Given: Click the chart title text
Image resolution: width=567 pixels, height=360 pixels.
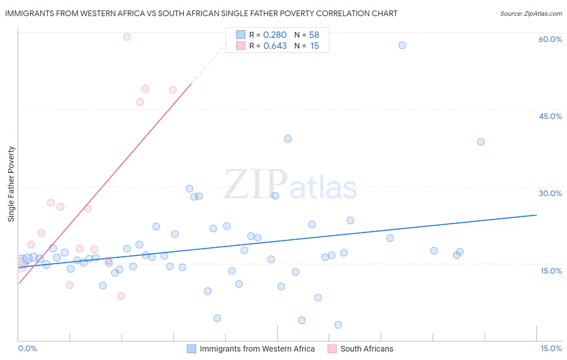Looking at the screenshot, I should (x=201, y=13).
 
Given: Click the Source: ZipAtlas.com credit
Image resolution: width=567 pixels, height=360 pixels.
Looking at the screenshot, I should (x=531, y=13).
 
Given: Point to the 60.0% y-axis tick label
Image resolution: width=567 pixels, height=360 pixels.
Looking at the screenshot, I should (x=550, y=39).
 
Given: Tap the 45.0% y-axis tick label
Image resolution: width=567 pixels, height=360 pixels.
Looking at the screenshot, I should (x=550, y=116).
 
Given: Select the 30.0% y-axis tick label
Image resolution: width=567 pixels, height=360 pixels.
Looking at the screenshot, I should (x=550, y=193).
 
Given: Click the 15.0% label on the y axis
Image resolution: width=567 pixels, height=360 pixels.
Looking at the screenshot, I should (x=551, y=271).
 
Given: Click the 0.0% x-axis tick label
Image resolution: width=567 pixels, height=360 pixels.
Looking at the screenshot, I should (x=27, y=348).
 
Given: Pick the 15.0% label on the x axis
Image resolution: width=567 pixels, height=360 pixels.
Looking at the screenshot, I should (x=551, y=348).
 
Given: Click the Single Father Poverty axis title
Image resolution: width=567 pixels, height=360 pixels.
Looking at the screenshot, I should (x=11, y=184).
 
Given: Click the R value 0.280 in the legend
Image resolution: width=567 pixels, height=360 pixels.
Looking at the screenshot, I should (x=275, y=35).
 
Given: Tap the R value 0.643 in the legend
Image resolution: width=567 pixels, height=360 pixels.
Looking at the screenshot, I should (x=275, y=46).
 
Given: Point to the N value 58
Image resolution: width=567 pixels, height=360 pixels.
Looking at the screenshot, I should (x=314, y=35).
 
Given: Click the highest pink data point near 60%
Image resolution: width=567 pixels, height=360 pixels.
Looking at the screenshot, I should (x=127, y=37).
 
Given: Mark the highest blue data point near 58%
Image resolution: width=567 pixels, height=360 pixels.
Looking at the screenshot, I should (x=402, y=45).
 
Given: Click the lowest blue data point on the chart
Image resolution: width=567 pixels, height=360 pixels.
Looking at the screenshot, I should (x=338, y=325).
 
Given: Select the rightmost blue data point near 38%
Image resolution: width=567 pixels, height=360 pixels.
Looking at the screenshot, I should (x=481, y=142).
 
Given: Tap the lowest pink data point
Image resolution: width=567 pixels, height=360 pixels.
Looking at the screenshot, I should (x=121, y=296).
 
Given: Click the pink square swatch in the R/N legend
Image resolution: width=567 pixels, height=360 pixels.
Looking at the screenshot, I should (x=241, y=46).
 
